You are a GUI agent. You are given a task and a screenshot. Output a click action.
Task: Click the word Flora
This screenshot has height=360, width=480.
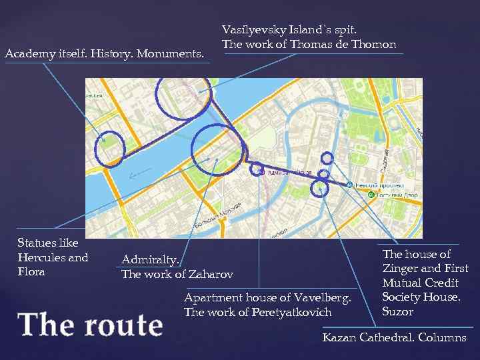click(31, 271)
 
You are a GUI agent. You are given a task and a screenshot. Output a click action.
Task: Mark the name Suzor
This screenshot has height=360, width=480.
click(398, 311)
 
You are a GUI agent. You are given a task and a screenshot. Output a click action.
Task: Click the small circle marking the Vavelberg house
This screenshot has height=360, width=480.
click(256, 169)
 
